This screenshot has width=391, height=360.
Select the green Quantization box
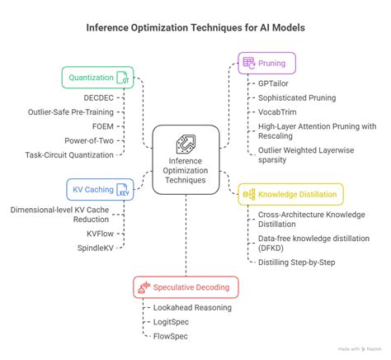pos(97,77)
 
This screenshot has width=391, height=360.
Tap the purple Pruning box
pos(268,62)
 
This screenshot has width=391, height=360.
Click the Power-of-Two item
pos(94,140)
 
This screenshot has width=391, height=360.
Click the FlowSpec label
pos(171,335)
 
